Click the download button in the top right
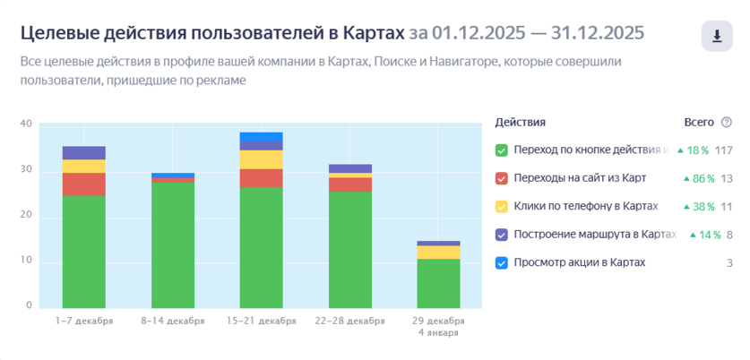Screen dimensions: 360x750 point(717,37)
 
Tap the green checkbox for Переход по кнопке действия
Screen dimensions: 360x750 point(502,150)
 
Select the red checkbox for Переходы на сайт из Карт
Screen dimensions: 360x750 point(502,178)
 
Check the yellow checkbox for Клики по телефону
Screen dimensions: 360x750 point(502,206)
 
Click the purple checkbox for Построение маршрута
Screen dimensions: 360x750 point(502,235)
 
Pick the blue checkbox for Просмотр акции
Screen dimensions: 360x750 point(502,262)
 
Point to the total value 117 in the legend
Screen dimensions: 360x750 point(723,150)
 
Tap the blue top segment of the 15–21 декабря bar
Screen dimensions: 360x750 point(261,136)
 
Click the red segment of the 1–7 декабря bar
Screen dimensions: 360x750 point(84,184)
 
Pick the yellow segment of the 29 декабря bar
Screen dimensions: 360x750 point(438,253)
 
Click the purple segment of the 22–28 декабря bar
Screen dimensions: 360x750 point(349,168)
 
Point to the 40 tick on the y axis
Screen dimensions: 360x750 point(26,124)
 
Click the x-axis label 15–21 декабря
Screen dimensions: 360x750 point(261,321)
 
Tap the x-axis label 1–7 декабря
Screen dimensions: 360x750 point(84,321)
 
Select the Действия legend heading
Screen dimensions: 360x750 point(520,122)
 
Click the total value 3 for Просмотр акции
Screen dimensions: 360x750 point(729,262)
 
